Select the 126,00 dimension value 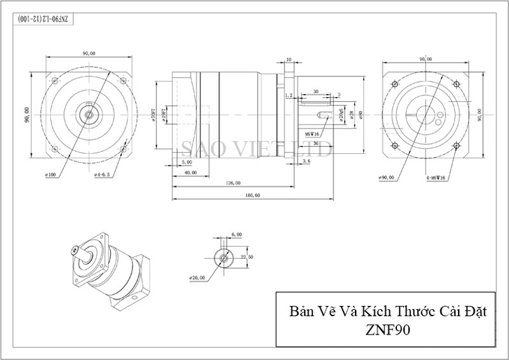pos(233,183)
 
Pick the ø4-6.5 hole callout pos(102,174)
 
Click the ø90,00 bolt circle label pos(386,177)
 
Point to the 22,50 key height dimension pos(248,256)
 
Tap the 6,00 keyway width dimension pos(237,235)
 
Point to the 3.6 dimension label pos(306,162)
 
